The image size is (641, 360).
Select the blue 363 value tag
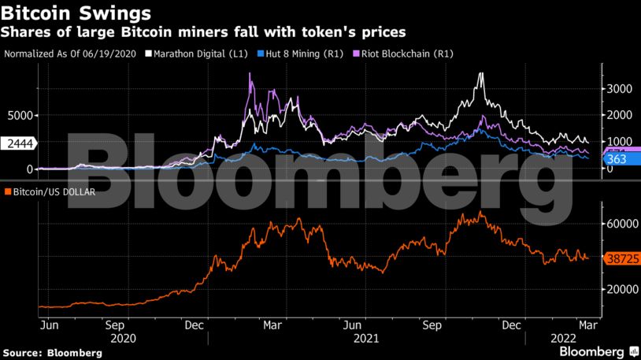(616, 159)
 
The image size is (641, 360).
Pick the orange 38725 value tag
(619, 258)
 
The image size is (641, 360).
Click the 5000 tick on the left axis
(20, 115)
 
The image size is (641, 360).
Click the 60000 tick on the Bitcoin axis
(619, 223)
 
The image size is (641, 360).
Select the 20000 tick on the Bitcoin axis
(619, 289)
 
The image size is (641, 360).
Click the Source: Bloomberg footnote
(53, 353)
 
